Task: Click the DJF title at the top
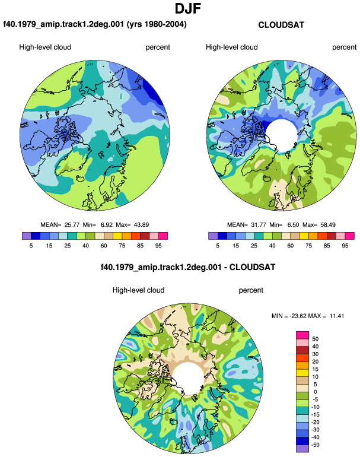[188, 8]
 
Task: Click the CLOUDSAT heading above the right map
[281, 25]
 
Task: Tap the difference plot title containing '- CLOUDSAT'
[188, 267]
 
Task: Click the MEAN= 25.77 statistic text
[60, 225]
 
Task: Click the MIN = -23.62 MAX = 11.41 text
[308, 316]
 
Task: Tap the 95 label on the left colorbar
[158, 246]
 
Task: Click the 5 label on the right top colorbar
[218, 246]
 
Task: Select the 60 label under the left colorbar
[104, 246]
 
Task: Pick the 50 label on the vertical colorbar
[315, 339]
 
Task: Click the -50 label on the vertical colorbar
[315, 445]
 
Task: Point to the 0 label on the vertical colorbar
[315, 392]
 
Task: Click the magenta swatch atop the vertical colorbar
[302, 335]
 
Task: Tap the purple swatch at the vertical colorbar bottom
[302, 449]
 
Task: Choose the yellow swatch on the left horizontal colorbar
[117, 236]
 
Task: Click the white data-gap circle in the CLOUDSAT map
[281, 135]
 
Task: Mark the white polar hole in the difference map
[188, 378]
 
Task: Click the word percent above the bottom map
[251, 290]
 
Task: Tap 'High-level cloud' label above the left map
[45, 47]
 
